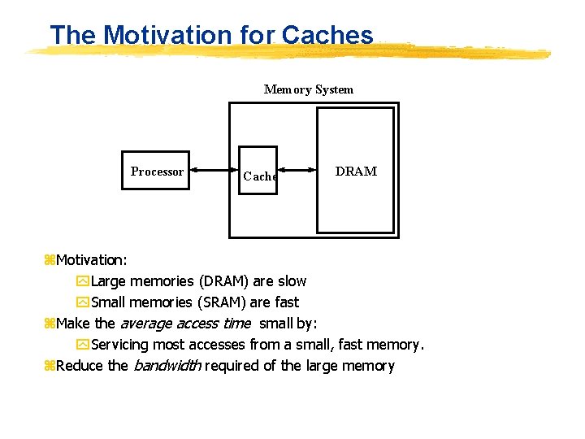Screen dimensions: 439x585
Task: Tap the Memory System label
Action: pos(309,89)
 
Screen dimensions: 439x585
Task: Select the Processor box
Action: pos(156,171)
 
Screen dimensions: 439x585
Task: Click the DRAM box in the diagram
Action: pos(355,172)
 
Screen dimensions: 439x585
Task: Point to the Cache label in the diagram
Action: pos(260,176)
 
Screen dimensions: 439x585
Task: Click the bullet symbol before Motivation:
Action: pos(49,260)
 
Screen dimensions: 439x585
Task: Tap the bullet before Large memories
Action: pos(82,281)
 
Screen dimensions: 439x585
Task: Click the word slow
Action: pos(292,281)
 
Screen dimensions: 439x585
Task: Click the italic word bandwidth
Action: pos(167,366)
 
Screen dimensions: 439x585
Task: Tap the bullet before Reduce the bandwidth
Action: pos(49,366)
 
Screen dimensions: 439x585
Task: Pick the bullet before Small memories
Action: pos(82,302)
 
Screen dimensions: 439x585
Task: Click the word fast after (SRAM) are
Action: pos(286,302)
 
